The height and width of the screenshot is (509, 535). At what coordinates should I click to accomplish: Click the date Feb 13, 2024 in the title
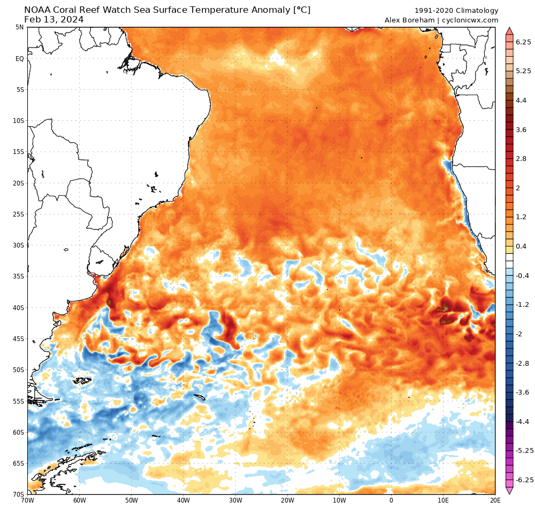pyautogui.click(x=54, y=20)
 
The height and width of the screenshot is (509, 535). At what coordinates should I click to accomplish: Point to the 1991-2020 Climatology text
pyautogui.click(x=456, y=11)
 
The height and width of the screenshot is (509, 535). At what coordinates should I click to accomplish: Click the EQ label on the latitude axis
pyautogui.click(x=19, y=58)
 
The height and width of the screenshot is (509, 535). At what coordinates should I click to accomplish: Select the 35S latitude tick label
pyautogui.click(x=19, y=276)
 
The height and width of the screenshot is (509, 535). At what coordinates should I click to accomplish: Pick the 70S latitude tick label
pyautogui.click(x=19, y=495)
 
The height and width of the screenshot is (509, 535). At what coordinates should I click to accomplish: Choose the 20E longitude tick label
pyautogui.click(x=495, y=501)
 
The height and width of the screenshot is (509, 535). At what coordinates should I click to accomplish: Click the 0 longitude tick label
pyautogui.click(x=391, y=501)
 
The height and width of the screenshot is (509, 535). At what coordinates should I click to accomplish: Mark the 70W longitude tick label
pyautogui.click(x=27, y=501)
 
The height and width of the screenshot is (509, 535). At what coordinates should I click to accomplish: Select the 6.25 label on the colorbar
pyautogui.click(x=523, y=42)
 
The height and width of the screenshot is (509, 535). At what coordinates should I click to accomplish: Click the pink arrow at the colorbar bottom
pyautogui.click(x=509, y=490)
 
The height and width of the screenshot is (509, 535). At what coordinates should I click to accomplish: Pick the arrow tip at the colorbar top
pyautogui.click(x=509, y=30)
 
